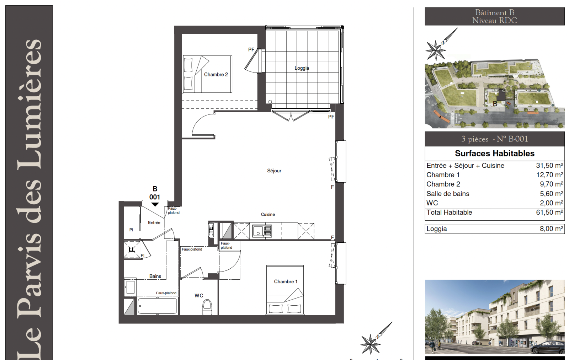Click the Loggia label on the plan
(302, 68)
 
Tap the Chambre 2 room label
(216, 74)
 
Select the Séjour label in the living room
(274, 171)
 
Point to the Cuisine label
(268, 214)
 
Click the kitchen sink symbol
(262, 231)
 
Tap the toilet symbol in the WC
(207, 307)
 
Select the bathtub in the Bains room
(157, 306)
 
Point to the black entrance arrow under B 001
(155, 204)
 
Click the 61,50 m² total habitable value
(549, 212)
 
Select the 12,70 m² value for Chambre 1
(549, 174)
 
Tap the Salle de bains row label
(448, 194)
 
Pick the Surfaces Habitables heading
(495, 153)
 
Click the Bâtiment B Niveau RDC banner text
(495, 16)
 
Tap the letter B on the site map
(495, 103)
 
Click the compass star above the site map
(436, 50)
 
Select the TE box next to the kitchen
(211, 230)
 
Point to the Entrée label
(154, 222)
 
